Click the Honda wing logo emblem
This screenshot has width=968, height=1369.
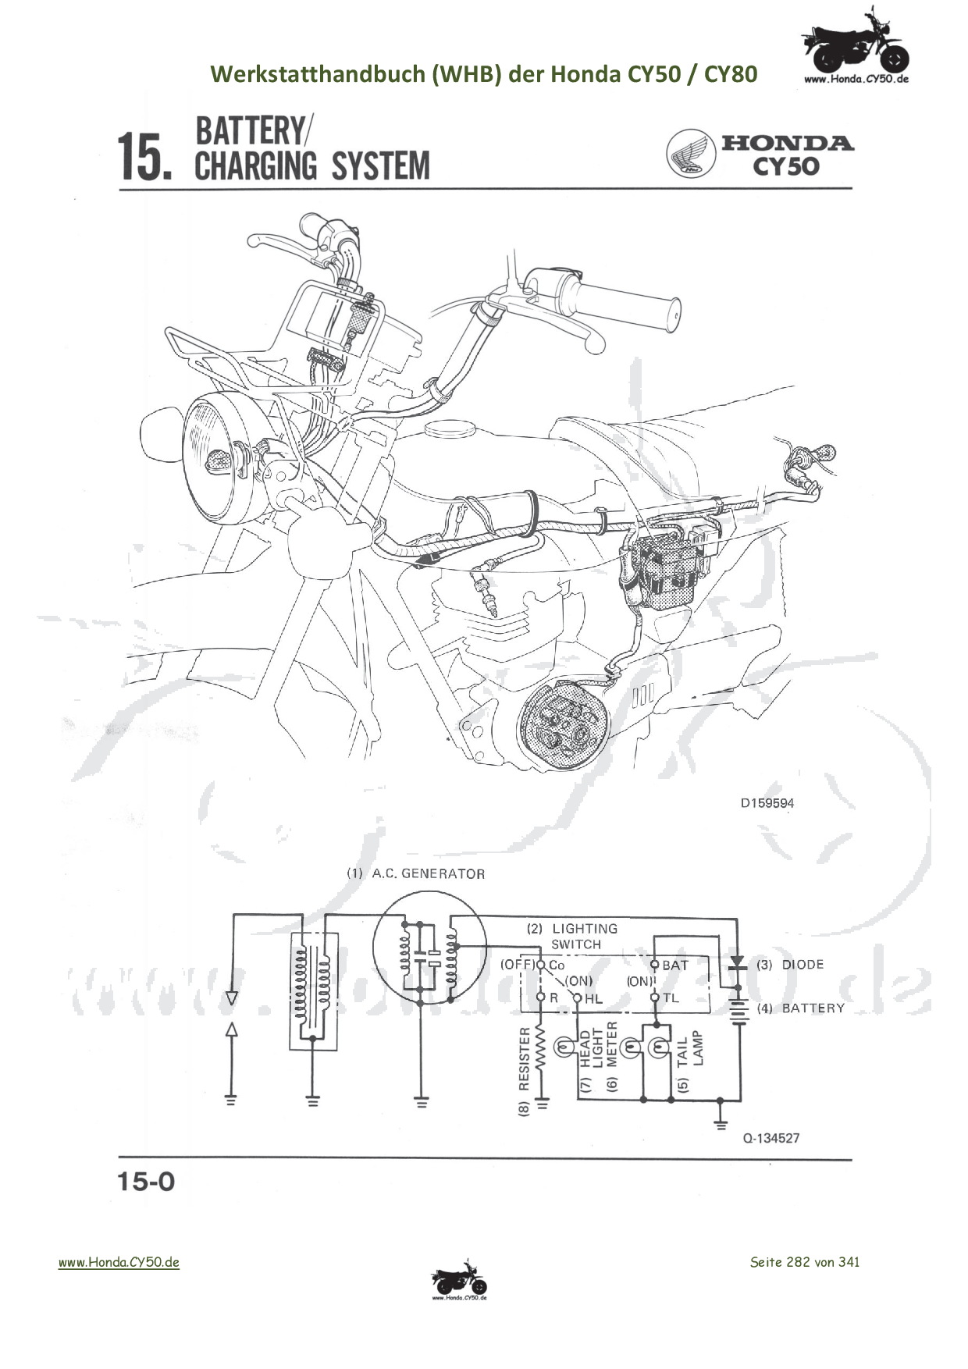click(691, 153)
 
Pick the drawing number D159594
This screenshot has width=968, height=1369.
click(767, 802)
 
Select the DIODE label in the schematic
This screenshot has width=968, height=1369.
click(802, 965)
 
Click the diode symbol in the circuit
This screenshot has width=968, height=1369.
click(735, 965)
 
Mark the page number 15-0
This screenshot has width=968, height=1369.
click(146, 1182)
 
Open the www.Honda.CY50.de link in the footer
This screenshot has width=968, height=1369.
click(119, 1262)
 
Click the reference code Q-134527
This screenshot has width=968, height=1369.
click(770, 1138)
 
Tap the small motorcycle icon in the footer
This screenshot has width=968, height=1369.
click(459, 1280)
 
